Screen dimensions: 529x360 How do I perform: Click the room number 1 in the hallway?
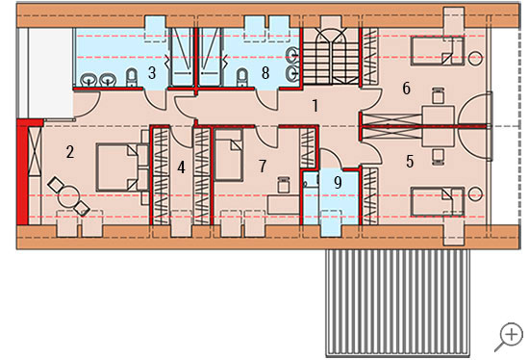(315, 106)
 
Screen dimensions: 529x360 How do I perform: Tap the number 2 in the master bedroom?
(70, 152)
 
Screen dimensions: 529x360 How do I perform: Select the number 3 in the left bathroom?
(152, 73)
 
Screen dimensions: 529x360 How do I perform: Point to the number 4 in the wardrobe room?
(181, 167)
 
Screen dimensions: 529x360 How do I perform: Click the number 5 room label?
(410, 162)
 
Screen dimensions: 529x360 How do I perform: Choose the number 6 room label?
(407, 89)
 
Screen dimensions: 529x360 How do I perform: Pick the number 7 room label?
(263, 167)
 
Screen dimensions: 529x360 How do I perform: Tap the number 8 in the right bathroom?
(265, 73)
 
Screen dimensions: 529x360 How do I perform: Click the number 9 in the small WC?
(338, 182)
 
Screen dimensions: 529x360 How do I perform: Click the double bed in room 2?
(122, 167)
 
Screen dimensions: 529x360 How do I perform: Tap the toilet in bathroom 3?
(132, 78)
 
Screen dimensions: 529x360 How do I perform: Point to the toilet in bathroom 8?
(241, 78)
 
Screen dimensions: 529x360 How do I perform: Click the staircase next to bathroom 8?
(331, 57)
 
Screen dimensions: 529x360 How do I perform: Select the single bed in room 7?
(229, 155)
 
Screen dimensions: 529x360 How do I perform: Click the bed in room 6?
(438, 51)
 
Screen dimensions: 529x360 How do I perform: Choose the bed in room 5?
(438, 202)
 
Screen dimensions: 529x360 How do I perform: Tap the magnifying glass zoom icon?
(509, 337)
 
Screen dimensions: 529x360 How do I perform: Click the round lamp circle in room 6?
(476, 58)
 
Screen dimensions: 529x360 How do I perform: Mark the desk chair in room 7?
(284, 185)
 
